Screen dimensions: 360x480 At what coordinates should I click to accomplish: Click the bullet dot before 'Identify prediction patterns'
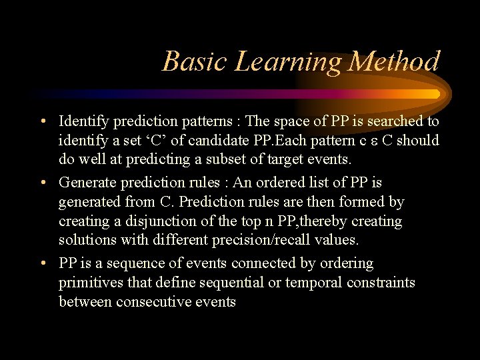[42, 121]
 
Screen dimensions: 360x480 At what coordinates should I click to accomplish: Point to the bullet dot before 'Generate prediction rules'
[42, 183]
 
